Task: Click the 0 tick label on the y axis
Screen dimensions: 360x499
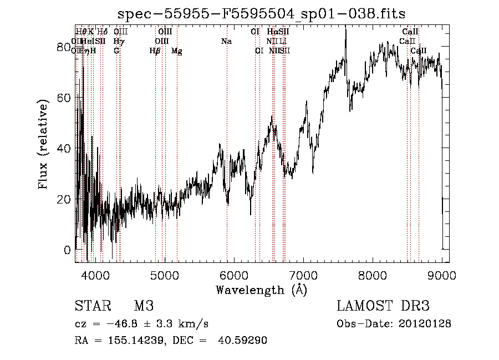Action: tap(68, 250)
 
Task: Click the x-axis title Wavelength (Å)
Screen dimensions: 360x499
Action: tap(261, 290)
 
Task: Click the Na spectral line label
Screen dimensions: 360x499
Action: tap(226, 42)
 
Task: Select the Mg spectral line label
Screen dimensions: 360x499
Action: tap(177, 51)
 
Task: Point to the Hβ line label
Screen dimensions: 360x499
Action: tap(155, 51)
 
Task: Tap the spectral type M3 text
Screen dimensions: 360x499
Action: tap(144, 306)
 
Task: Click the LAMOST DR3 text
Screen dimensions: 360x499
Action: tap(383, 306)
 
